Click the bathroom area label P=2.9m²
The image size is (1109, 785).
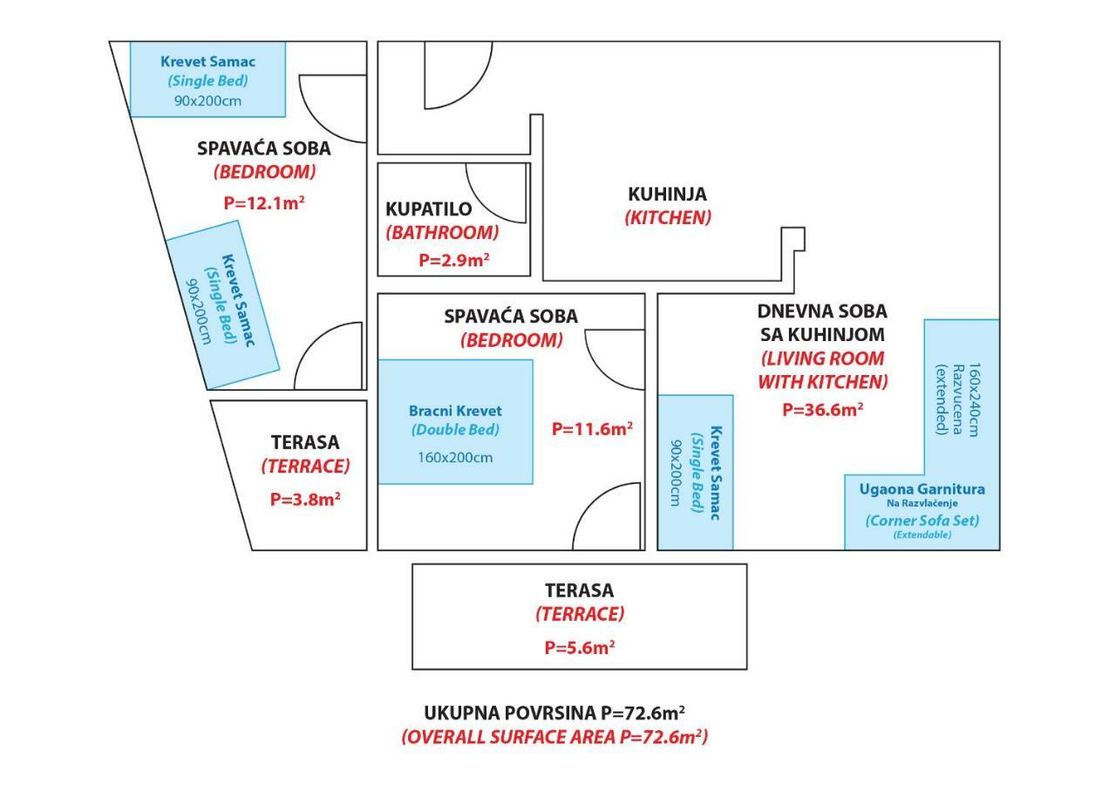pyautogui.click(x=454, y=260)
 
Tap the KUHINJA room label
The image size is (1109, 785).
pyautogui.click(x=667, y=195)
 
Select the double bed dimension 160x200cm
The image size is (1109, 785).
pyautogui.click(x=455, y=457)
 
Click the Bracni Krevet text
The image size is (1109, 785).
pyautogui.click(x=455, y=411)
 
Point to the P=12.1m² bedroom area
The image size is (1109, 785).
pyautogui.click(x=264, y=202)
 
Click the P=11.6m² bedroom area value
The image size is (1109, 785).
pyautogui.click(x=592, y=428)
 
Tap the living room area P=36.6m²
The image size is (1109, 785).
pyautogui.click(x=823, y=409)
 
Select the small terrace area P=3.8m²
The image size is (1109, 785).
pyautogui.click(x=305, y=499)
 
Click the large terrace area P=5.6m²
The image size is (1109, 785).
pyautogui.click(x=580, y=647)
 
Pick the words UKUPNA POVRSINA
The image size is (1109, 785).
pyautogui.click(x=510, y=713)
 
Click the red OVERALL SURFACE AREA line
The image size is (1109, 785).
pyautogui.click(x=554, y=737)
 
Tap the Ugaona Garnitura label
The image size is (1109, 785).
pyautogui.click(x=922, y=489)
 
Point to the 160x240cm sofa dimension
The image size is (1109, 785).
pyautogui.click(x=974, y=399)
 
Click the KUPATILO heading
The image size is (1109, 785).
pyautogui.click(x=429, y=209)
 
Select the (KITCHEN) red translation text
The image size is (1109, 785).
pyautogui.click(x=667, y=217)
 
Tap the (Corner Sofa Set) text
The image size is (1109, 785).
pyautogui.click(x=922, y=521)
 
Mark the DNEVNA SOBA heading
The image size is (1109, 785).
pyautogui.click(x=822, y=311)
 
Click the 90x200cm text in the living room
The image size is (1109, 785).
pyautogui.click(x=676, y=473)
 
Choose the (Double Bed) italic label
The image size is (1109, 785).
pyautogui.click(x=455, y=429)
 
